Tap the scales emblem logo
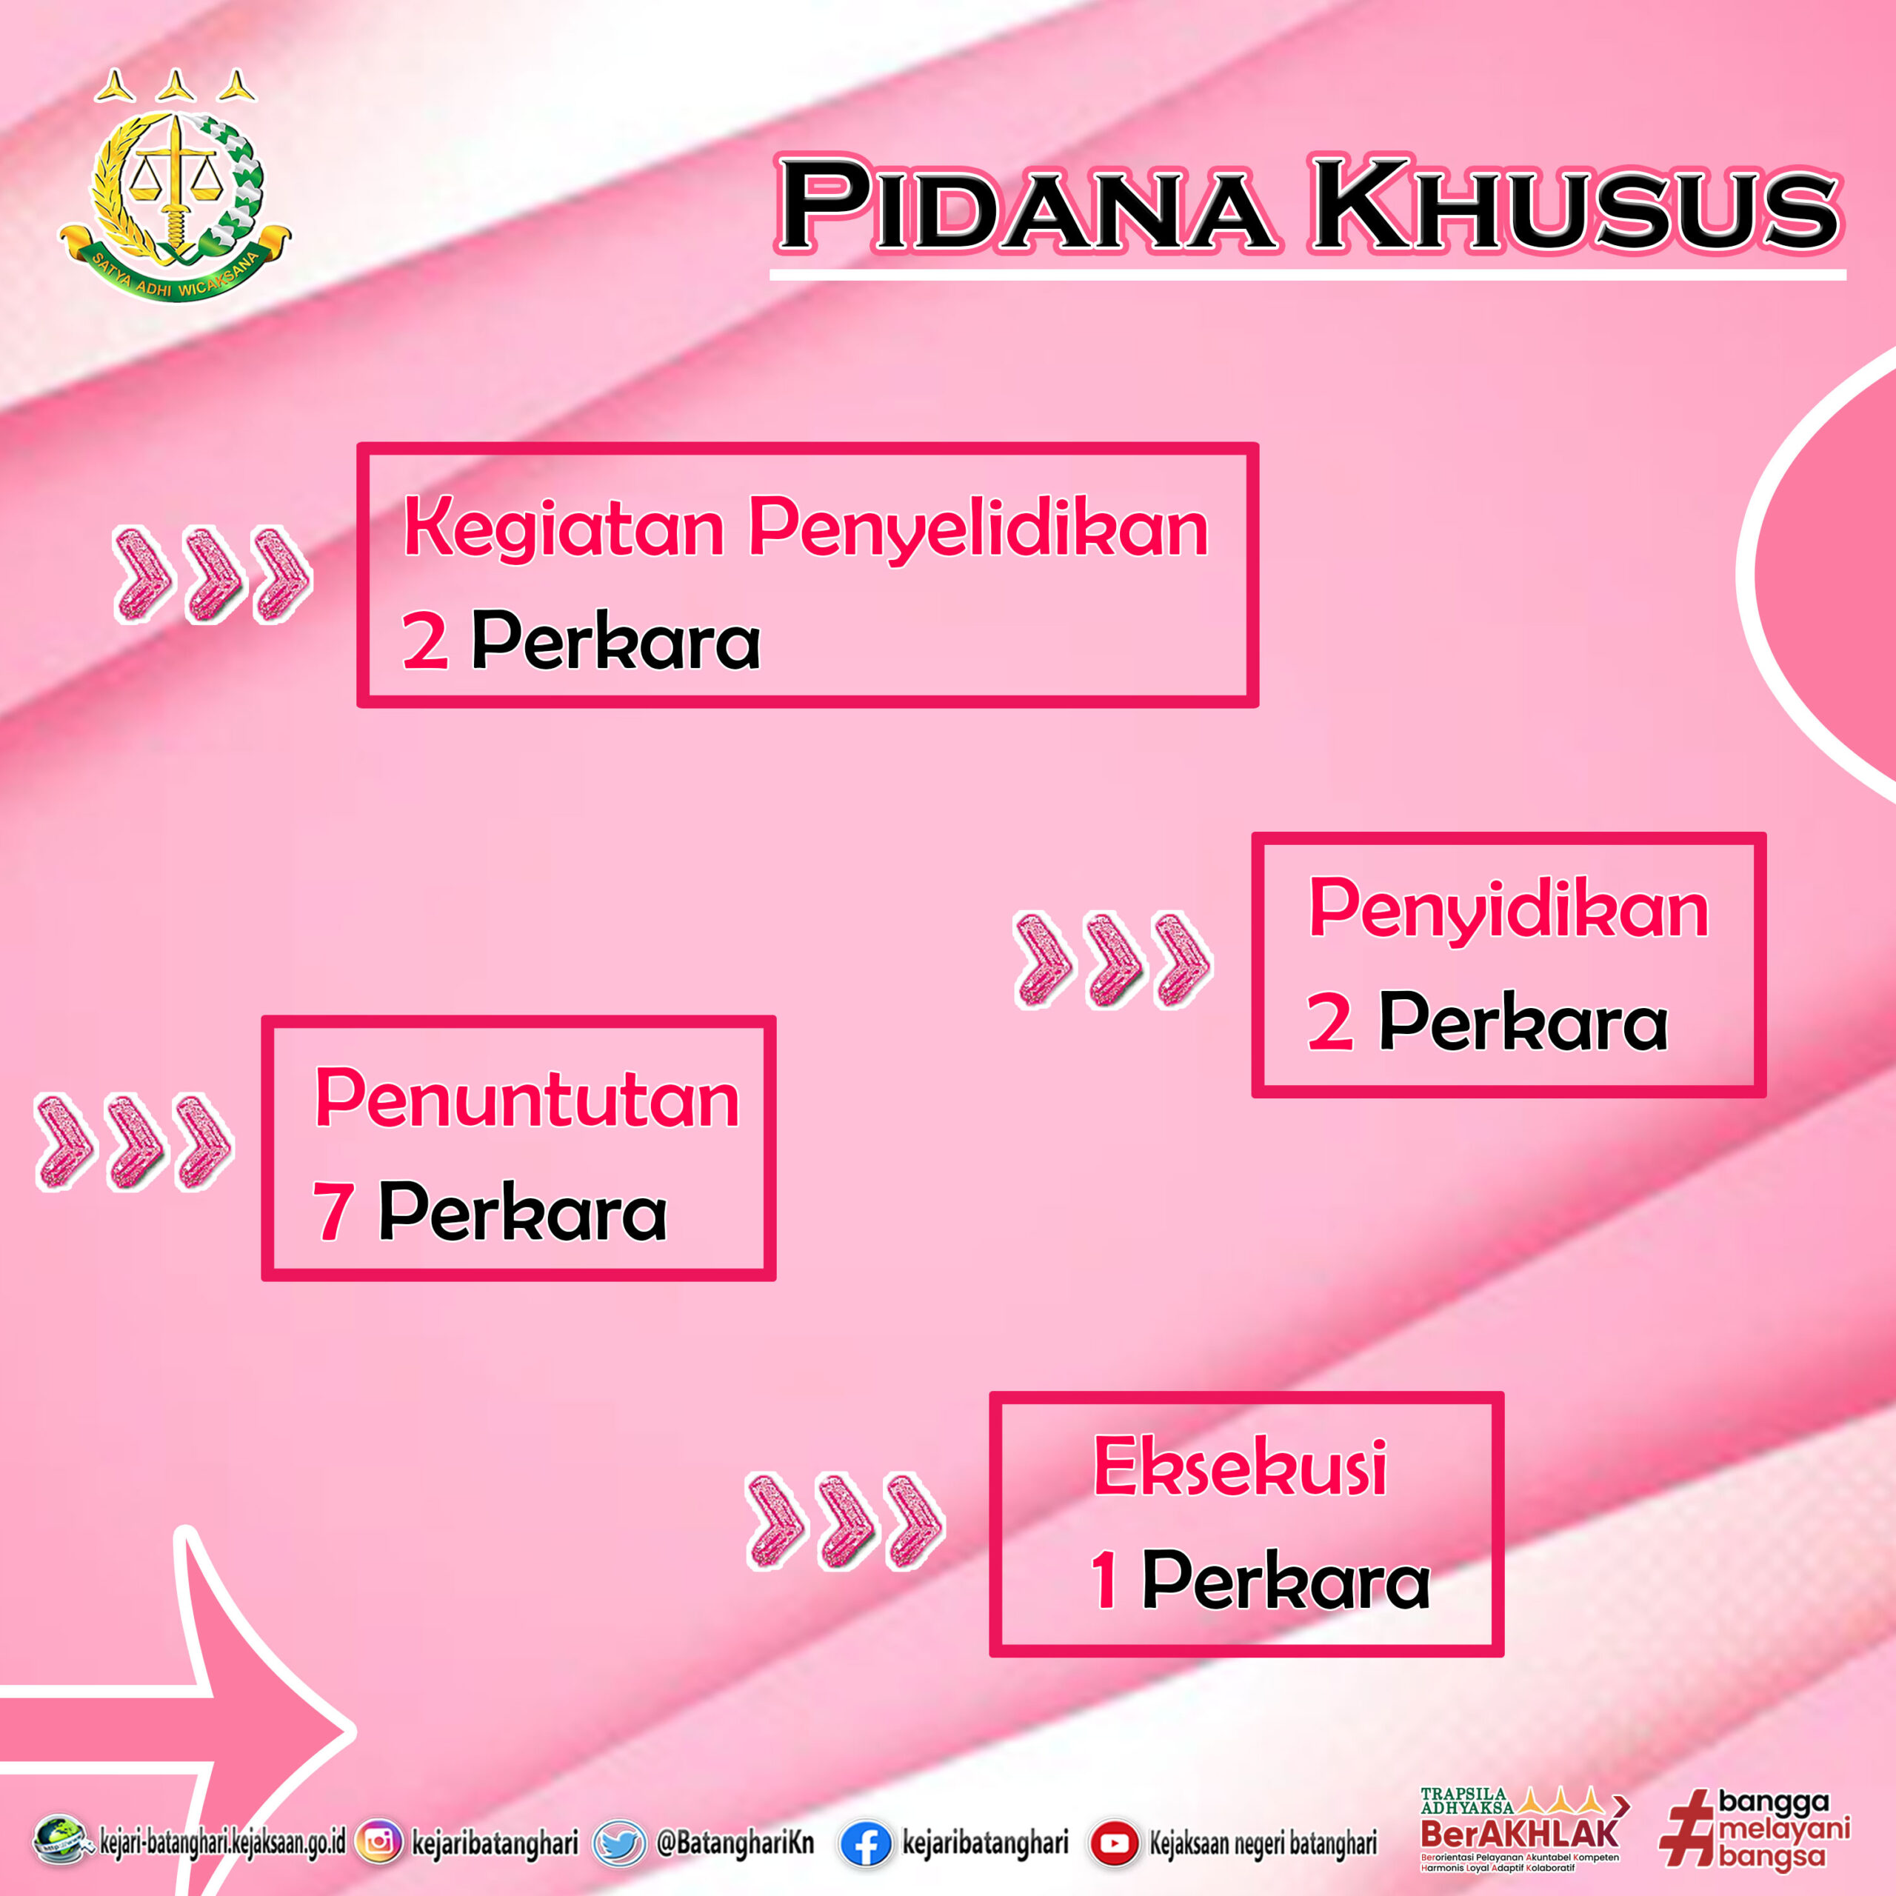(x=175, y=187)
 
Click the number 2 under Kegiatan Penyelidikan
(x=425, y=640)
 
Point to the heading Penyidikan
(x=1509, y=912)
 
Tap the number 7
(x=333, y=1212)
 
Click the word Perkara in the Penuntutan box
(x=522, y=1212)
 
